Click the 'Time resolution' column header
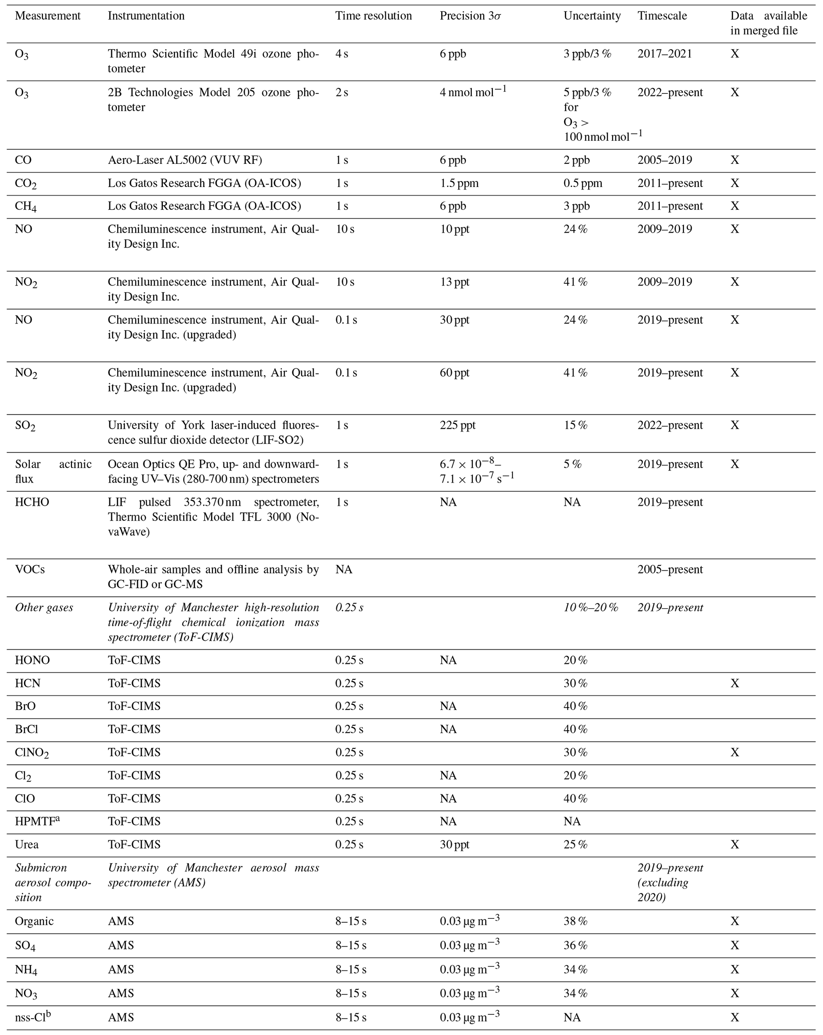373,16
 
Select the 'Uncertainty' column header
592,16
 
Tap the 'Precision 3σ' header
470,16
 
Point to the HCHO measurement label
32,502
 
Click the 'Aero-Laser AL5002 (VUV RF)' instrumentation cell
184,160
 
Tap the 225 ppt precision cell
457,425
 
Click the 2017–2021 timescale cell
665,54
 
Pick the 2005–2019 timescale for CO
665,160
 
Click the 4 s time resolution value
342,54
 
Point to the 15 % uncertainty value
575,425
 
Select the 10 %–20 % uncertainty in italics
590,607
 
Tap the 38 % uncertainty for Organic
575,921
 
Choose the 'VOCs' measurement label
30,569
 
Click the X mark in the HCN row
735,683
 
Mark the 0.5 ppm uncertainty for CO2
582,183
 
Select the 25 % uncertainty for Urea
575,844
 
